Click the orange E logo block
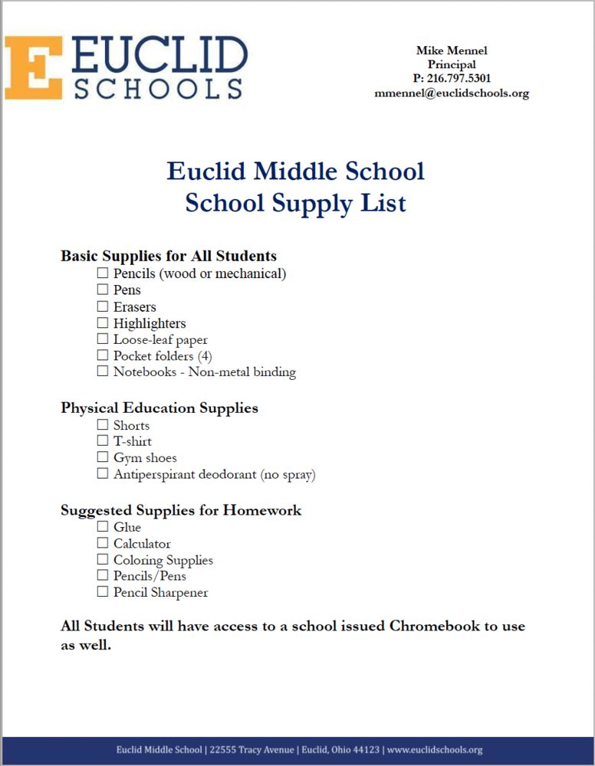tap(33, 67)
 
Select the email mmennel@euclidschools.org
tap(452, 93)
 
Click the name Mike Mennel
tap(452, 51)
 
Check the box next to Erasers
tap(102, 306)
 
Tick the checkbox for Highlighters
tap(102, 322)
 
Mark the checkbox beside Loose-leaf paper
tap(102, 339)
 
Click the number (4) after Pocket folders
tap(204, 355)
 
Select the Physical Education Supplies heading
tap(159, 408)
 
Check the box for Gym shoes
tap(102, 457)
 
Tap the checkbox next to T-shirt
tap(102, 440)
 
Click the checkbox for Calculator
tap(102, 543)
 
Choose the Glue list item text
tap(127, 527)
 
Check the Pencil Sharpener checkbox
tap(102, 591)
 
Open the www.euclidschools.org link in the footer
tap(435, 750)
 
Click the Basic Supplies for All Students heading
tap(169, 256)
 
